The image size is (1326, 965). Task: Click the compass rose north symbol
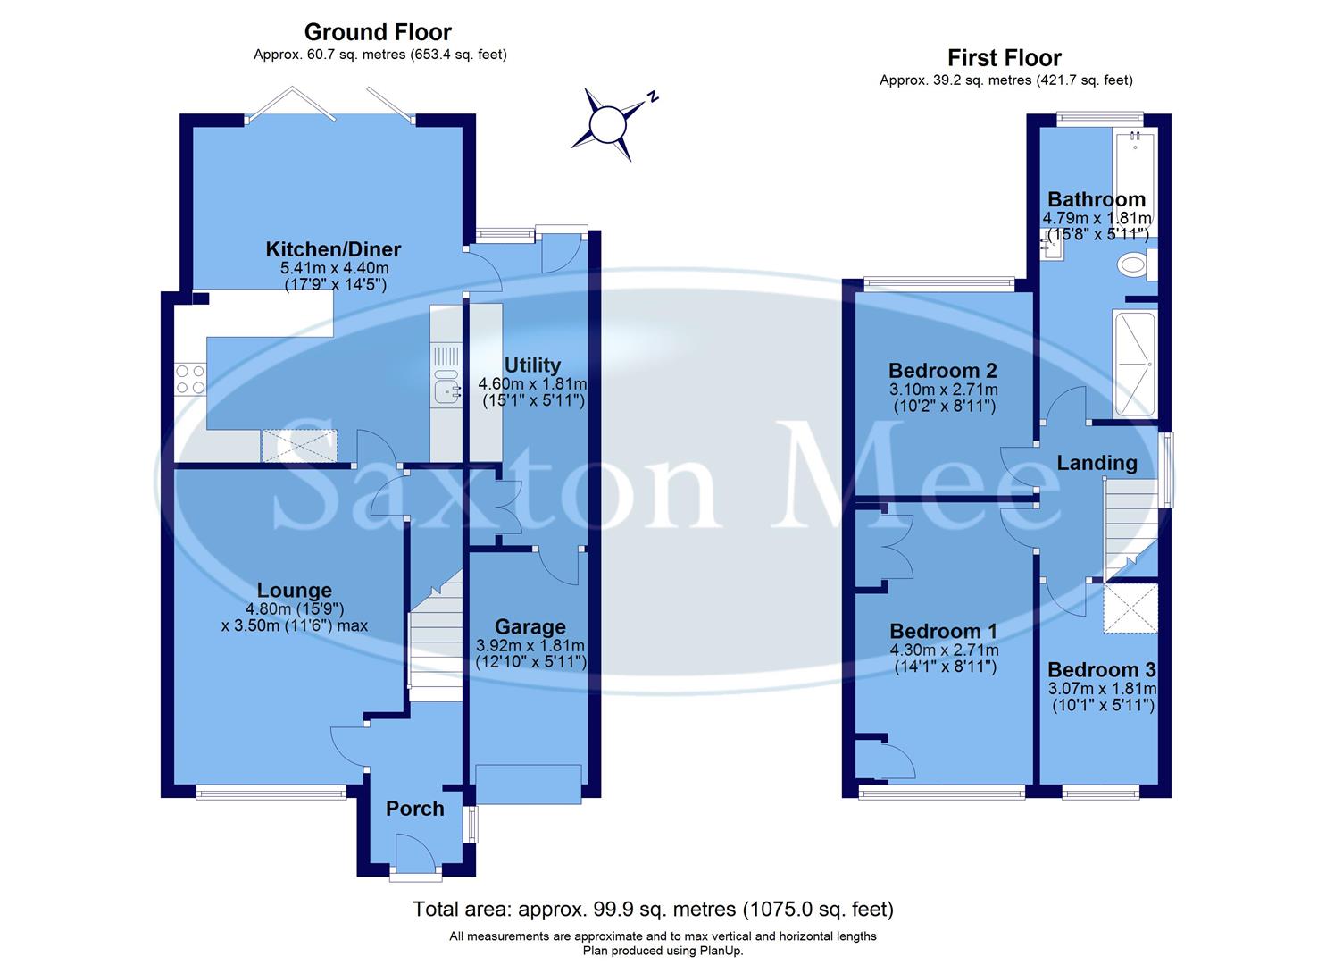point(609,124)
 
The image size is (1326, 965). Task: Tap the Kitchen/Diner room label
point(333,249)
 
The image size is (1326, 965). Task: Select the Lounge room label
point(294,590)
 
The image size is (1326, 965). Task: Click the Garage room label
point(530,627)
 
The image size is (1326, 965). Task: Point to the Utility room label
point(532,365)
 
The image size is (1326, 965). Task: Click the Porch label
point(414,809)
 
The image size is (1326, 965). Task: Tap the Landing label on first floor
point(1097,463)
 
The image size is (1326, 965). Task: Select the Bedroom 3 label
point(1100,670)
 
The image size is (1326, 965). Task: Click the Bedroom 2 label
point(942,371)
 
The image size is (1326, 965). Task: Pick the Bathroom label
point(1096,199)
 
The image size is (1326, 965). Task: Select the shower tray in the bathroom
point(1134,364)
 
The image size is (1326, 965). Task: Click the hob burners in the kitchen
point(189,380)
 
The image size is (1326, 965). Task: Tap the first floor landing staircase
point(1128,527)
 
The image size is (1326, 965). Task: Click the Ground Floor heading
point(378,32)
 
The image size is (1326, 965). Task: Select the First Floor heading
point(1004,58)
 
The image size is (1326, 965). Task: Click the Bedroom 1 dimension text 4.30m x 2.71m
point(943,650)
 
